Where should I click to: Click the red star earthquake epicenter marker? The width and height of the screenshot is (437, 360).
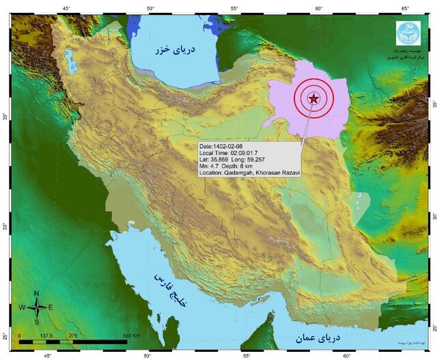click(313, 99)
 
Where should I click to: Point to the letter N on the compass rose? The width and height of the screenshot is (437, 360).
click(37, 293)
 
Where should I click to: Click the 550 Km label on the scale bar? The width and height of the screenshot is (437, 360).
click(132, 336)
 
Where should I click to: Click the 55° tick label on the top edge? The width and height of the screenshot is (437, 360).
click(234, 8)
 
